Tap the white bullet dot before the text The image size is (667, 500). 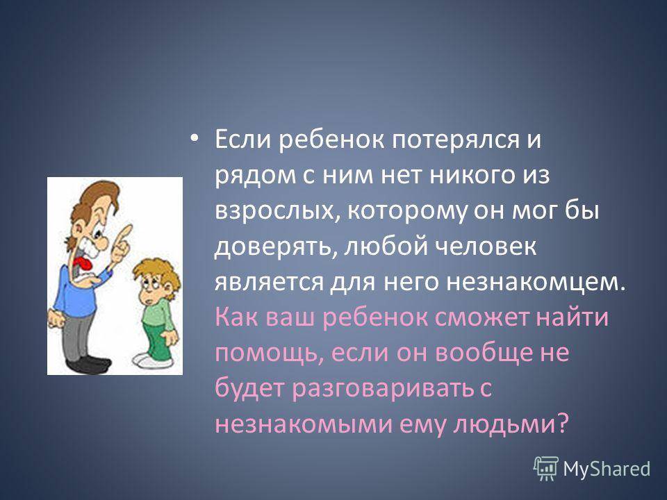pos(194,139)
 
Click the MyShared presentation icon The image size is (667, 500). pos(546,468)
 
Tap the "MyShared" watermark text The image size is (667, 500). pos(607,469)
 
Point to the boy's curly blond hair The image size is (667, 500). pos(156,272)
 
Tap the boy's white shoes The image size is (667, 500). pos(152,360)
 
